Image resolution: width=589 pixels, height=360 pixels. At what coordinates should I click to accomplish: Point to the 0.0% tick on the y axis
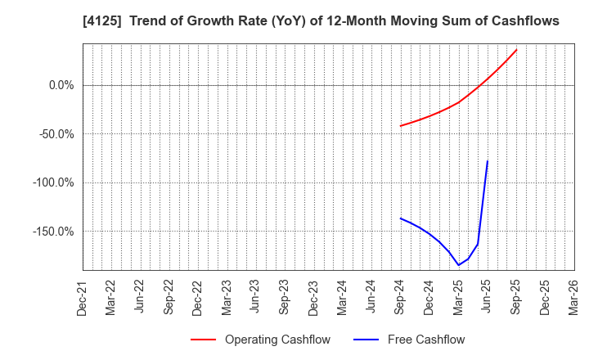[x=61, y=85]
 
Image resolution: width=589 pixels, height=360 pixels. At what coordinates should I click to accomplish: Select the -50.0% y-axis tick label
[x=56, y=134]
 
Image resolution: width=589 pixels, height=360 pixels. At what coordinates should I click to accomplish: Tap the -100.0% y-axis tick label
[x=54, y=182]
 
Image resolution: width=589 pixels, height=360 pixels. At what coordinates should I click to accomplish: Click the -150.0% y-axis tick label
[x=54, y=232]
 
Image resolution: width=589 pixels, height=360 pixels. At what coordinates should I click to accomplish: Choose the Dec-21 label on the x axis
[x=82, y=297]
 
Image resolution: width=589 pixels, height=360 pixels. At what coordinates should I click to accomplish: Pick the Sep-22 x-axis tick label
[x=169, y=297]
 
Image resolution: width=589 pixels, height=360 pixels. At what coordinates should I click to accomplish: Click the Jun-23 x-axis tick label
[x=255, y=297]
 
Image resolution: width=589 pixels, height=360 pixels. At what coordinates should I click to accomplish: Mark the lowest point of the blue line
[x=458, y=265]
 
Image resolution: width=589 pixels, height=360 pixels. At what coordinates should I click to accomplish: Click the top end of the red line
[x=516, y=50]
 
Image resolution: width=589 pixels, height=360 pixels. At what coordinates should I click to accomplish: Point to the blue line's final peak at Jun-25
[x=488, y=161]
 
